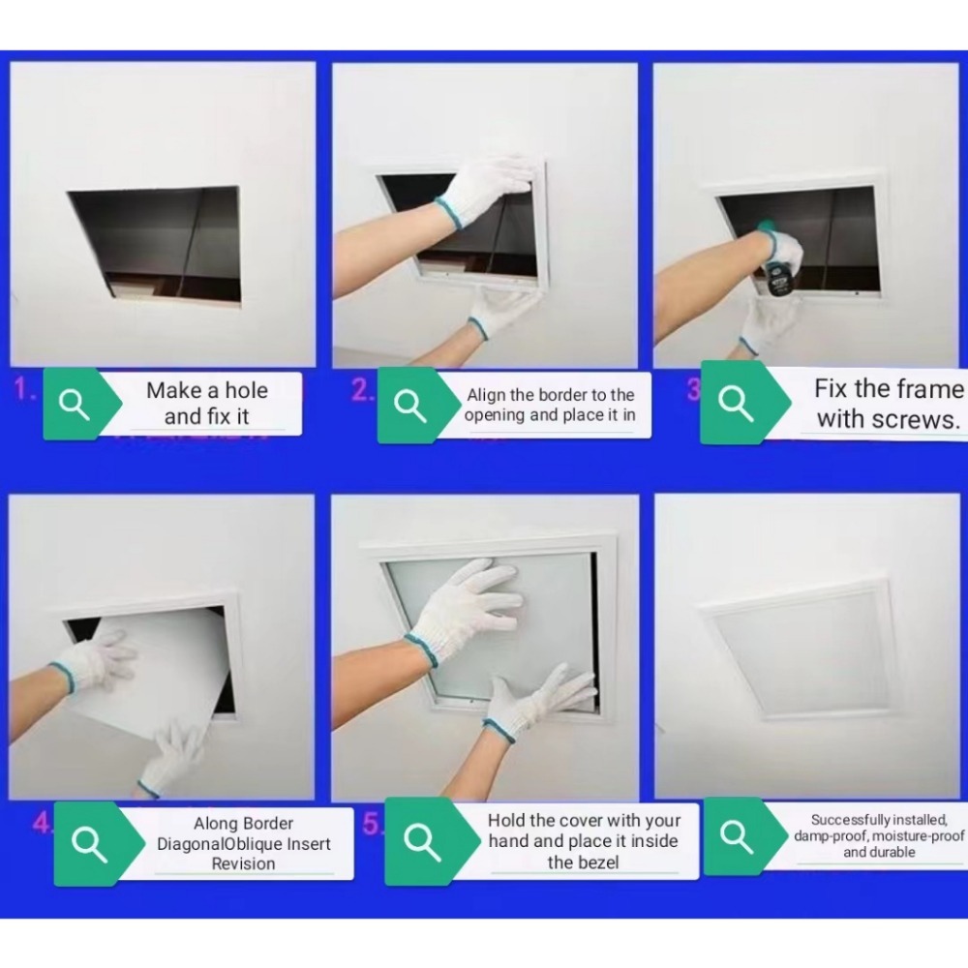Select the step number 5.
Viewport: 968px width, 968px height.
[x=371, y=824]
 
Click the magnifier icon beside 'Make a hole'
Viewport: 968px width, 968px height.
[x=75, y=405]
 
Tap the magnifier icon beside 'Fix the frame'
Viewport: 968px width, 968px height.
[x=736, y=404]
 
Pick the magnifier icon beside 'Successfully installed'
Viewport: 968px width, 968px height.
[x=737, y=836]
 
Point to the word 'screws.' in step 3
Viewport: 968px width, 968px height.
[x=921, y=420]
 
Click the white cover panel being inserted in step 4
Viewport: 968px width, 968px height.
[x=158, y=673]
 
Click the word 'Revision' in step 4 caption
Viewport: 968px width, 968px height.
[x=243, y=863]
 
